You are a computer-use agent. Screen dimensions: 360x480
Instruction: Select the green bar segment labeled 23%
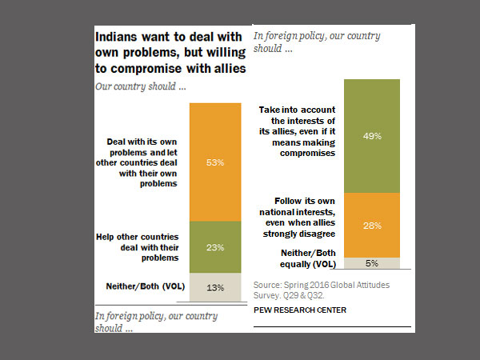(214, 247)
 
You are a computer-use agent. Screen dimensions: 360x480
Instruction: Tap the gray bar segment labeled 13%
(214, 286)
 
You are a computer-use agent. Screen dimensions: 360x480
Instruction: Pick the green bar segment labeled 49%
(370, 136)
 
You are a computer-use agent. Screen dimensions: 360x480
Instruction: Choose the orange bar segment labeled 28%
(370, 226)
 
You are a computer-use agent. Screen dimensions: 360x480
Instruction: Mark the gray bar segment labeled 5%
(370, 262)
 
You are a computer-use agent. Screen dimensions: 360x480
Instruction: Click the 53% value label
(214, 162)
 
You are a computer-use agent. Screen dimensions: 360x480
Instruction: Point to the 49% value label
(370, 137)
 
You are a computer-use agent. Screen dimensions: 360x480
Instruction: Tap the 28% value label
(370, 226)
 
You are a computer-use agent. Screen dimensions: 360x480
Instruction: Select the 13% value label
(214, 286)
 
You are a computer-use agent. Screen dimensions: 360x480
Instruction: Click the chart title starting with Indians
(169, 53)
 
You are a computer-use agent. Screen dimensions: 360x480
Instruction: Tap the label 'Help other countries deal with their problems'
(142, 246)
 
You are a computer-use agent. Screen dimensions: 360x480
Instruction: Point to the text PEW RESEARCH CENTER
(299, 310)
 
